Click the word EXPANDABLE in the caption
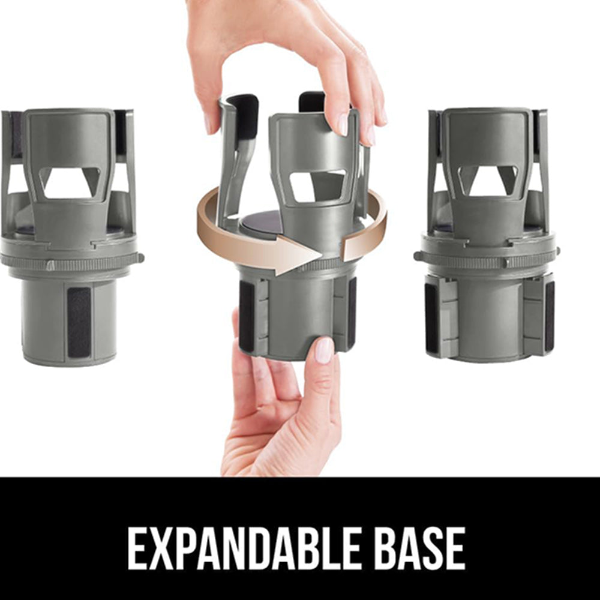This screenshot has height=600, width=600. point(244,548)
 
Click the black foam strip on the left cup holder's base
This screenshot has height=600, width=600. point(79,322)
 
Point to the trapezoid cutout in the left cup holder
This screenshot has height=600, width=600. point(70,182)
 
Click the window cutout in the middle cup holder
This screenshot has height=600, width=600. point(317,185)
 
